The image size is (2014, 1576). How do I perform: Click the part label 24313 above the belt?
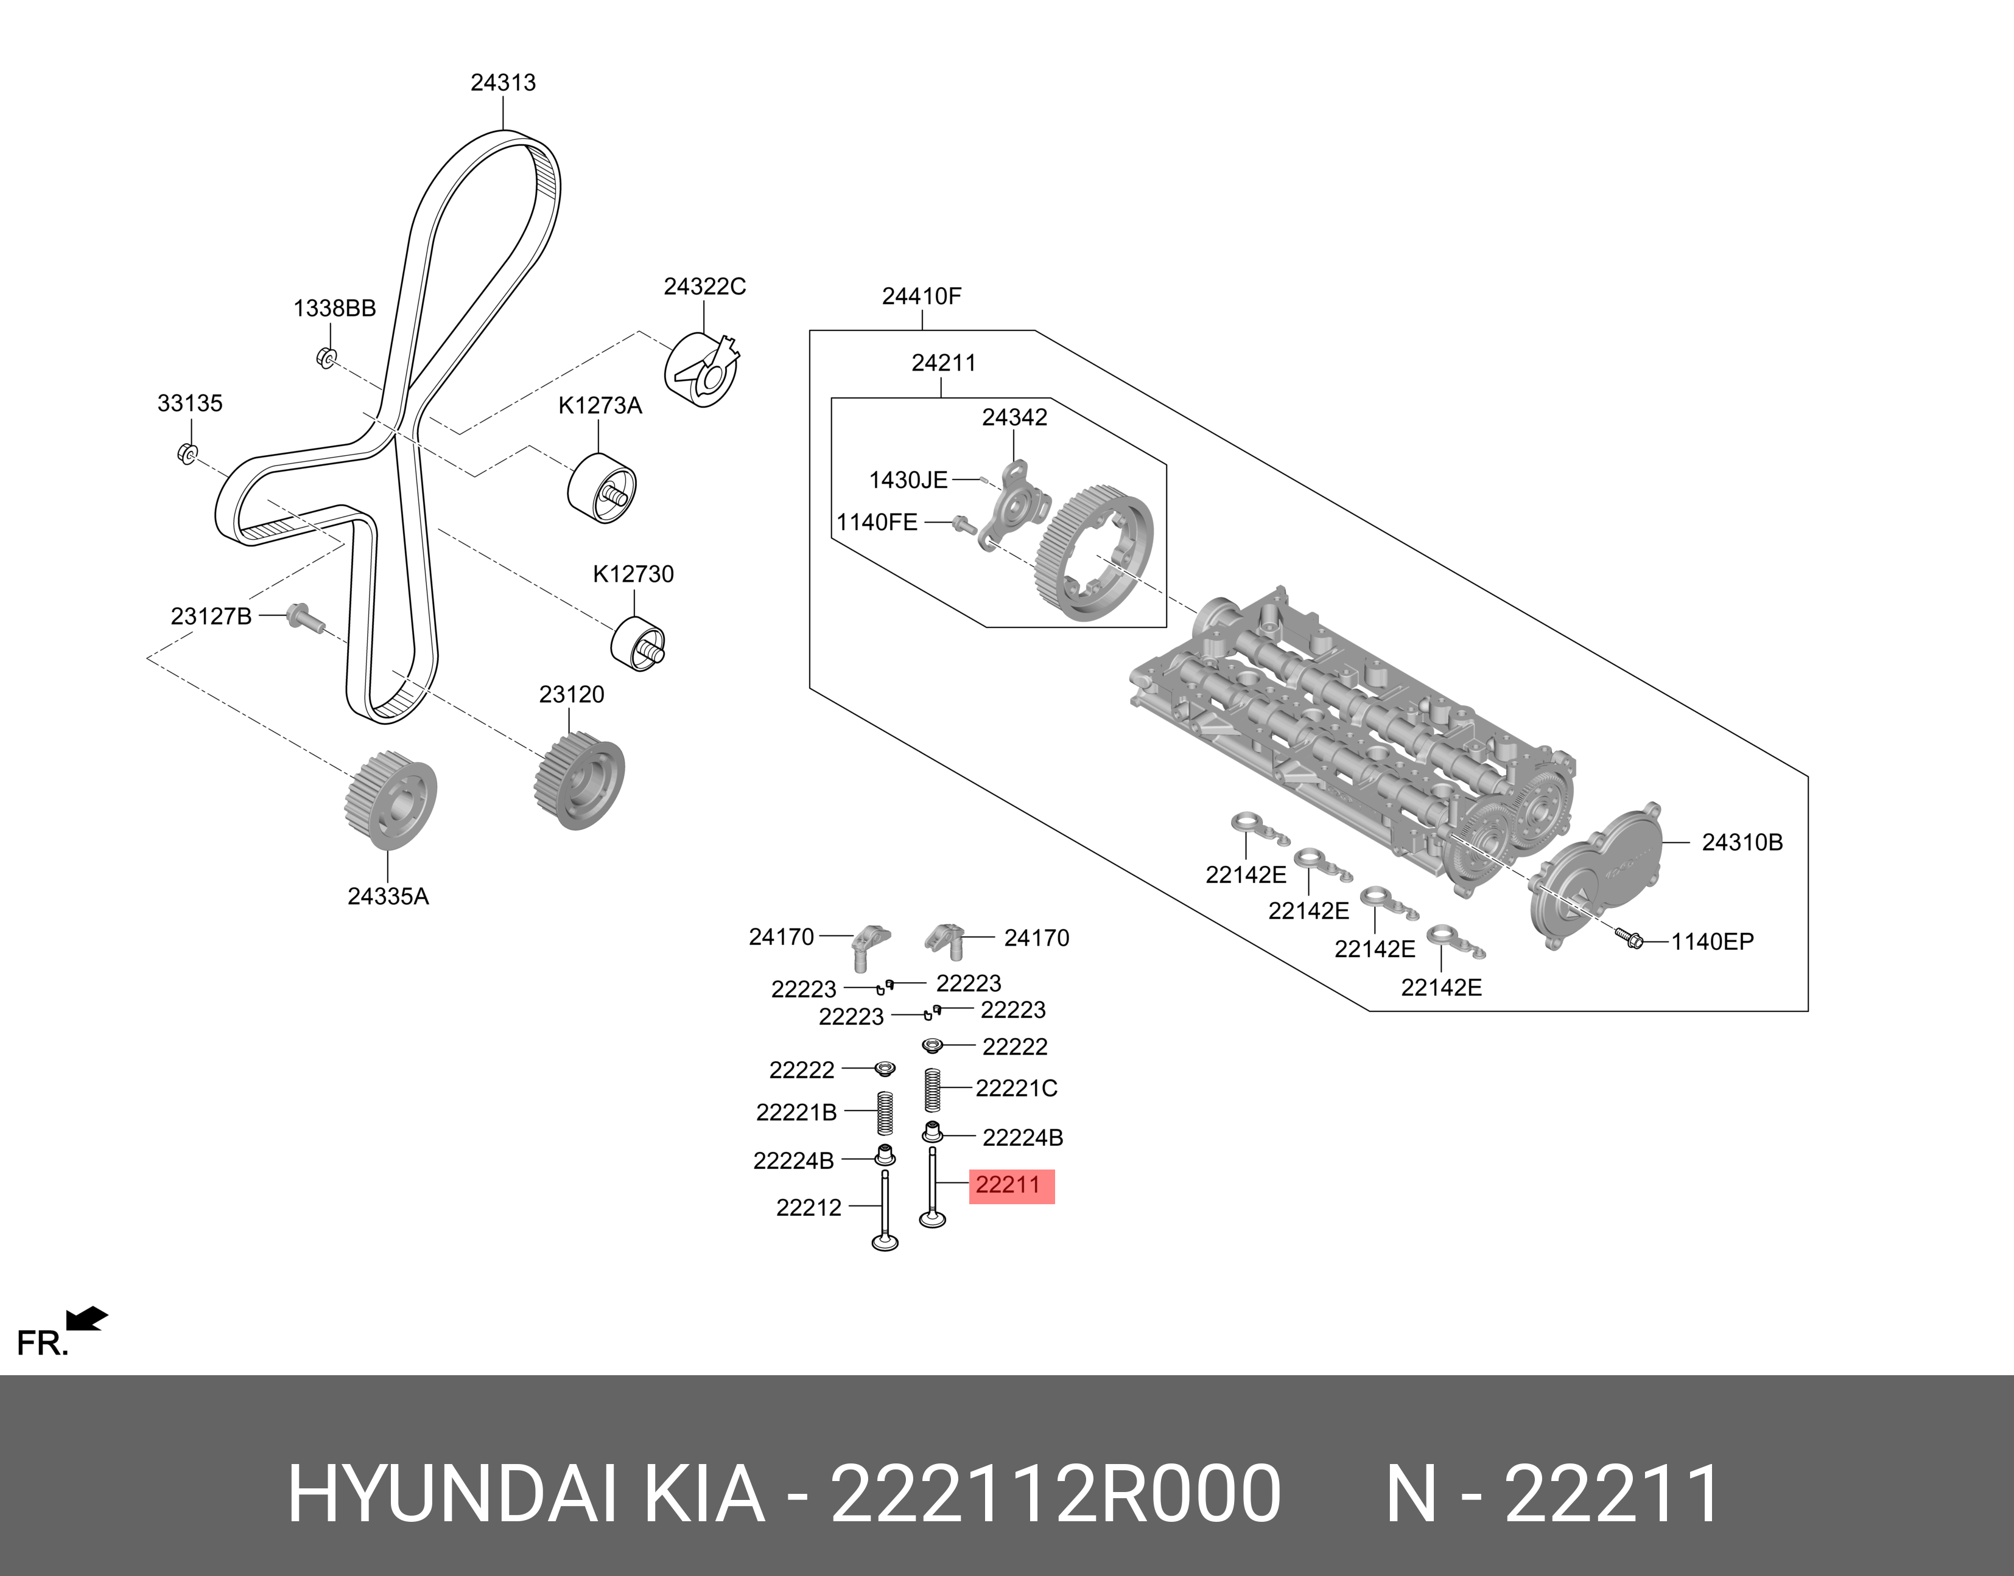click(x=503, y=83)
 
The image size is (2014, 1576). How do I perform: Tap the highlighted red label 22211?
click(x=1011, y=1186)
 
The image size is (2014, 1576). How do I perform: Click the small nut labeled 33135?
click(x=186, y=453)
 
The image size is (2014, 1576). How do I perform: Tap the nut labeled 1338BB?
click(x=326, y=356)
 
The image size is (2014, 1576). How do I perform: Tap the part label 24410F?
click(x=921, y=297)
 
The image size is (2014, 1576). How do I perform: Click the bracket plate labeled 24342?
click(x=1014, y=503)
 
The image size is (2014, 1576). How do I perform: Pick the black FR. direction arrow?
click(x=88, y=1319)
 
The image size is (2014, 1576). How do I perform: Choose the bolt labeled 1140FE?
click(x=964, y=524)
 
